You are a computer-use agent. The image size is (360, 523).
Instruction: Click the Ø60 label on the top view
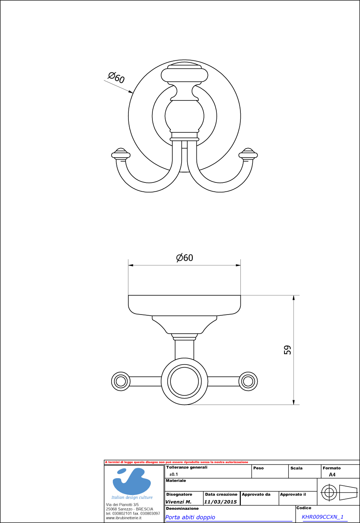pyautogui.click(x=116, y=77)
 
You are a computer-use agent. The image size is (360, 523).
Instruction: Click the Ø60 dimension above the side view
pyautogui.click(x=184, y=258)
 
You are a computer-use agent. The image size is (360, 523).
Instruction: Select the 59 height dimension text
pyautogui.click(x=287, y=350)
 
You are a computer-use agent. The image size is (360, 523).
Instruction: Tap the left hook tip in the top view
pyautogui.click(x=120, y=154)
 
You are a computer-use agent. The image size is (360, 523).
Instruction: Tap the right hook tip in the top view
pyautogui.click(x=248, y=154)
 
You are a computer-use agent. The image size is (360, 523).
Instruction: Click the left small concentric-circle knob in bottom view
pyautogui.click(x=120, y=381)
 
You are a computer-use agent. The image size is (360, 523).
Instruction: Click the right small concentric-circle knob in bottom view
pyautogui.click(x=248, y=381)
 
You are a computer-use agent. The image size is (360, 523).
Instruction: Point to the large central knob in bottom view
pyautogui.click(x=184, y=381)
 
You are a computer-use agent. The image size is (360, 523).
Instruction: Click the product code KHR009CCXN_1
pyautogui.click(x=322, y=517)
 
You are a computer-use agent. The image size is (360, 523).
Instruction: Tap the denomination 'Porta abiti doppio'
pyautogui.click(x=190, y=517)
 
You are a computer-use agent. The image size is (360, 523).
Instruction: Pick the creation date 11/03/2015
pyautogui.click(x=221, y=502)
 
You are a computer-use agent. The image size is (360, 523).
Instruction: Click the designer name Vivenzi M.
pyautogui.click(x=178, y=502)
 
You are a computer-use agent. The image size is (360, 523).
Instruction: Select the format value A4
pyautogui.click(x=332, y=475)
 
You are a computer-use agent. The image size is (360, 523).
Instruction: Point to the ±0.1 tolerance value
pyautogui.click(x=174, y=474)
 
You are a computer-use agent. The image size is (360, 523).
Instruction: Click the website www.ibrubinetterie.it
pyautogui.click(x=124, y=518)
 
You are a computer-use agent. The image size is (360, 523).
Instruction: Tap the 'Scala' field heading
pyautogui.click(x=296, y=468)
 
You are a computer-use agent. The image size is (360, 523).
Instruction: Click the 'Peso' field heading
pyautogui.click(x=258, y=468)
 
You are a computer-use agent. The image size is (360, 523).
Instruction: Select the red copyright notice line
pyautogui.click(x=176, y=462)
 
